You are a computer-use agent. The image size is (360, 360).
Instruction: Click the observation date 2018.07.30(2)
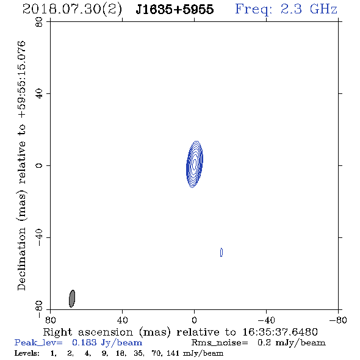click(72, 10)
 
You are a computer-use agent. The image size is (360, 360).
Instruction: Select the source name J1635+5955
click(175, 10)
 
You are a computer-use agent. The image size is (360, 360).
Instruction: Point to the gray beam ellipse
click(72, 298)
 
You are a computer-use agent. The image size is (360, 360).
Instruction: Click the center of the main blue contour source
click(195, 164)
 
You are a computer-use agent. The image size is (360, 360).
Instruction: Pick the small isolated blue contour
click(221, 253)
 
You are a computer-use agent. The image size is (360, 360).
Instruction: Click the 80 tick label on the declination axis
click(39, 22)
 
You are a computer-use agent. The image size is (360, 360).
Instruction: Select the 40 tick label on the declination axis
click(39, 94)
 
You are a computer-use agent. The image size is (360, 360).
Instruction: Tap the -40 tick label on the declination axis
click(39, 237)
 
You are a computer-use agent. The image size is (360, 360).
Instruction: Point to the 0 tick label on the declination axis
click(39, 165)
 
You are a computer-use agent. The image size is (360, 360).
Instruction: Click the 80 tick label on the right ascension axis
click(50, 320)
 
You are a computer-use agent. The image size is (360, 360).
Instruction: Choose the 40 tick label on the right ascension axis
click(122, 320)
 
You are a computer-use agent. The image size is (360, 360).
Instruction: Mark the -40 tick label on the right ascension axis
click(266, 320)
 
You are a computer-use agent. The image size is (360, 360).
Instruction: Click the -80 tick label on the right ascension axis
click(338, 320)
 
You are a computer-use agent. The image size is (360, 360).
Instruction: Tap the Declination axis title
click(21, 165)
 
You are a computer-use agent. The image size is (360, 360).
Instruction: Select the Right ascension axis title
click(181, 332)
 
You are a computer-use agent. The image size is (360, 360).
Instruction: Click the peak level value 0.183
click(84, 342)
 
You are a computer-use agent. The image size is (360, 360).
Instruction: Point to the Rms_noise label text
click(220, 343)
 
